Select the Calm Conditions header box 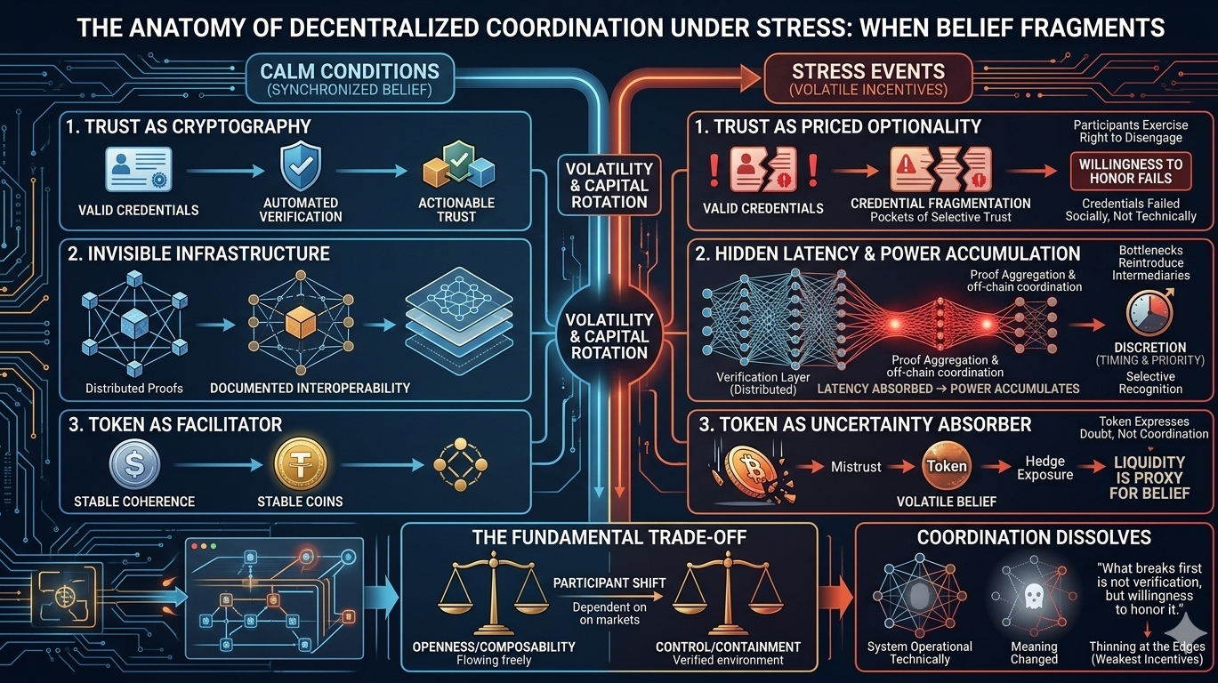350,78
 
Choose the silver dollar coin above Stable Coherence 135,463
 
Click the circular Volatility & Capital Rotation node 610,334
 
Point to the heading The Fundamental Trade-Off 609,537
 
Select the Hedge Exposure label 1045,468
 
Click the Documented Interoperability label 310,388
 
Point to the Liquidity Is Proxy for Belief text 1149,478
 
